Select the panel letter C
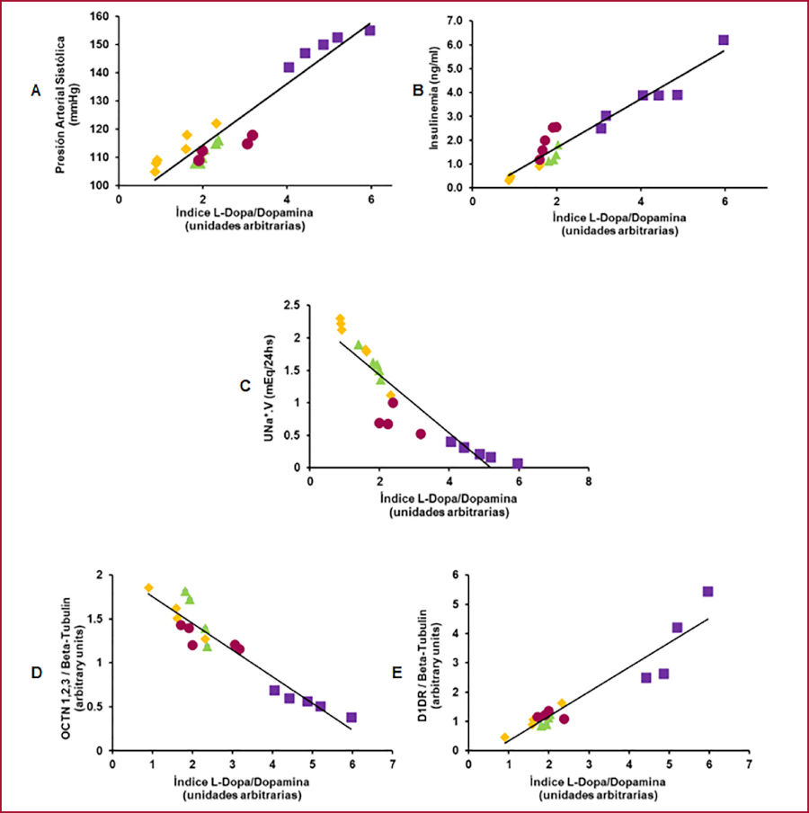(244, 386)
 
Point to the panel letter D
(35, 671)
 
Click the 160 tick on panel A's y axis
(99, 17)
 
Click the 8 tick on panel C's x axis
(588, 481)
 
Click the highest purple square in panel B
(724, 40)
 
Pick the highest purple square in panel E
(707, 592)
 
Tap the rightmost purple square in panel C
(518, 463)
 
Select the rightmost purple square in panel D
(351, 718)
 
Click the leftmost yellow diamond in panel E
(505, 737)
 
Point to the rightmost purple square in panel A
(369, 31)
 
